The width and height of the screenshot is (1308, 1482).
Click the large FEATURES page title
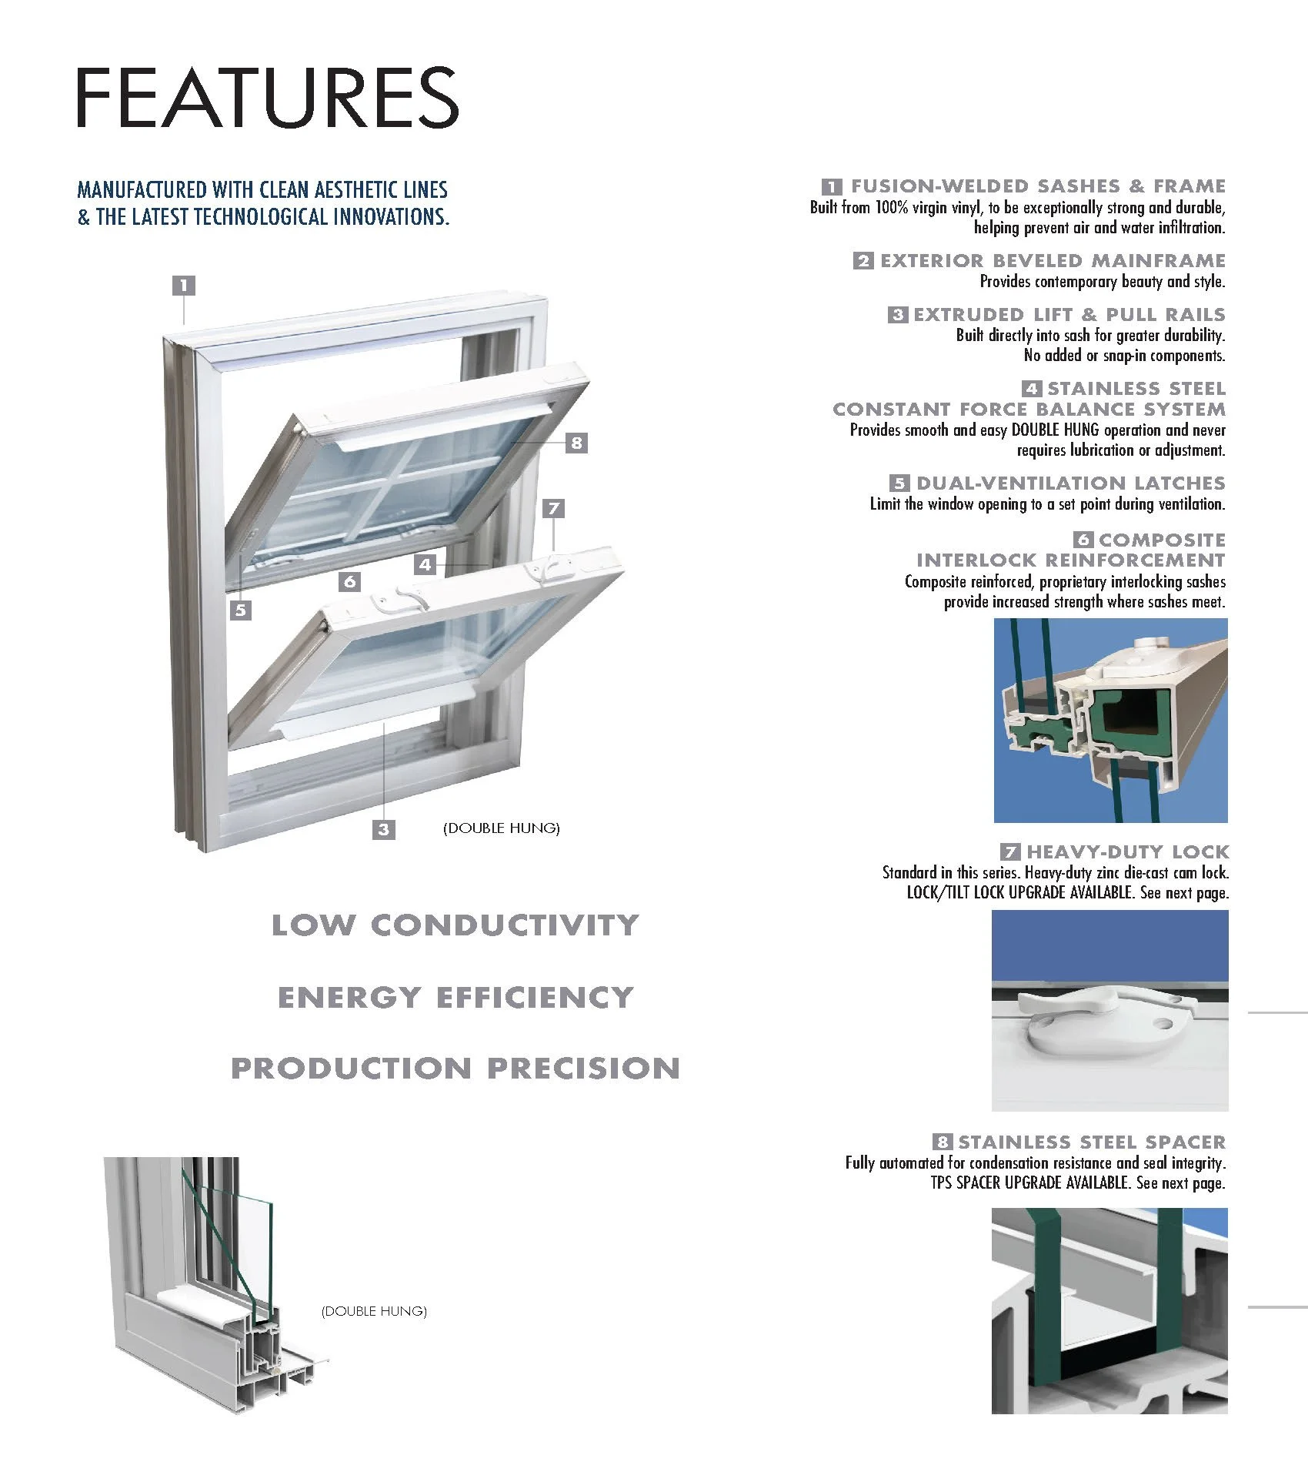pos(267,98)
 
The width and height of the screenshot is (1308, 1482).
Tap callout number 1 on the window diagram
pos(183,286)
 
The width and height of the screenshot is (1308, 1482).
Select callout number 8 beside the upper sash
pos(576,443)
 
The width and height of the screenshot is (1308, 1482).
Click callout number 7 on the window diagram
pos(553,508)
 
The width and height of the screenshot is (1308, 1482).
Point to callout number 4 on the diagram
pos(425,564)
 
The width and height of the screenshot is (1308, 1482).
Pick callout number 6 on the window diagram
pos(350,581)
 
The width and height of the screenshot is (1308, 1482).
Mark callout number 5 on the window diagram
pos(241,610)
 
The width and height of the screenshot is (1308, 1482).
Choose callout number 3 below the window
pos(383,829)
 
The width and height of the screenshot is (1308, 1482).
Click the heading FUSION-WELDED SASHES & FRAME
pos(1037,186)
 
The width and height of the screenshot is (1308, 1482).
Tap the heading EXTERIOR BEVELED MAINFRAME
pos(1053,261)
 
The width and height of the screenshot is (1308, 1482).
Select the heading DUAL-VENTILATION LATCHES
pos(1070,483)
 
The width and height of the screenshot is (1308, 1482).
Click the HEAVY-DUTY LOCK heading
pos(1127,852)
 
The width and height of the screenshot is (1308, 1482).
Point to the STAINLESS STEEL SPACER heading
pos(1091,1142)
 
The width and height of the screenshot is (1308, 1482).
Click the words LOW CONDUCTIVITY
pos(455,925)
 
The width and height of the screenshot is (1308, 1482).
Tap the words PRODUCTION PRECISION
pos(455,1069)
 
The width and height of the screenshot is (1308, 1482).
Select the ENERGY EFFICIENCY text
pos(455,998)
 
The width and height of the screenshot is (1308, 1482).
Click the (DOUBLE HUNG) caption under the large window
pos(501,828)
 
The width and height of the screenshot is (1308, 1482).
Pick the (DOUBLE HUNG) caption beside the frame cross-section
pos(374,1311)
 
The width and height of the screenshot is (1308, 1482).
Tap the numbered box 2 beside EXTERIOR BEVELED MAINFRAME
pos(863,261)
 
